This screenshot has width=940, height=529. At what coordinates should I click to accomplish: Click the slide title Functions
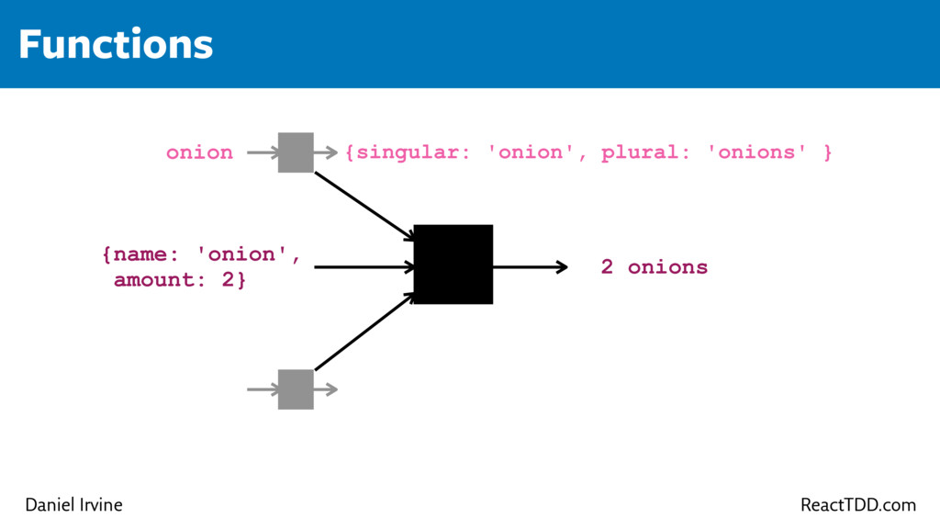[116, 44]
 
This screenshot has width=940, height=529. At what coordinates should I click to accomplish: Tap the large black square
[453, 264]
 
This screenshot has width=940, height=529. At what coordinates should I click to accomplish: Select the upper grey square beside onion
[296, 152]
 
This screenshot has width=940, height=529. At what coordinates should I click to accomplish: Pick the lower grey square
[296, 389]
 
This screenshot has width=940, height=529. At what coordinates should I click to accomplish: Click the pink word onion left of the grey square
[199, 152]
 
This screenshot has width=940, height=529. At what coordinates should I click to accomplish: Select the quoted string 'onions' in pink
[757, 152]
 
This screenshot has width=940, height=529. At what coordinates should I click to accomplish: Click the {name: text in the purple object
[143, 254]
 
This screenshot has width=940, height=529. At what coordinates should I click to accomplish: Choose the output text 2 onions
[655, 267]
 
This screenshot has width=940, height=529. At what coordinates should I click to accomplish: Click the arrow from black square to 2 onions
[531, 267]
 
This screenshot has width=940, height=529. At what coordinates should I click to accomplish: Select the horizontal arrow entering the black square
[364, 267]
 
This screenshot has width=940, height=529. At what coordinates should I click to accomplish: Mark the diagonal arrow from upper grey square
[364, 206]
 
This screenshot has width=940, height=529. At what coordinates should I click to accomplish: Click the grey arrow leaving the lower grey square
[326, 389]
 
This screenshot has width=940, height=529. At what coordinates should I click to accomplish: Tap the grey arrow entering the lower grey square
[263, 389]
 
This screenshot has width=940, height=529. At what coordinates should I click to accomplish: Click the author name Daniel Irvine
[73, 505]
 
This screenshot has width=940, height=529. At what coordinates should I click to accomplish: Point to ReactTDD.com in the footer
[858, 505]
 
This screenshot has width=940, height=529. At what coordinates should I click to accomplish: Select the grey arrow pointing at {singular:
[326, 152]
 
